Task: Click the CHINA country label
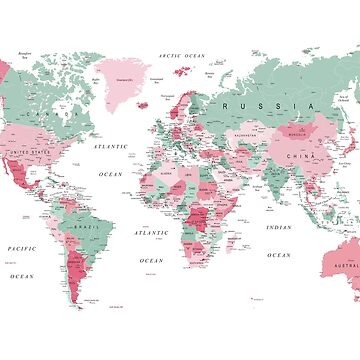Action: (297, 156)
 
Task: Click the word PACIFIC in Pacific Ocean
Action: (21, 247)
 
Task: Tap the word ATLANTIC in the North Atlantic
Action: (110, 145)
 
